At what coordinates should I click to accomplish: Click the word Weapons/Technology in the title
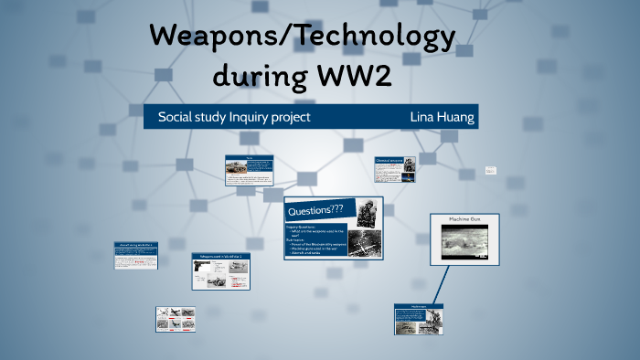coord(302,37)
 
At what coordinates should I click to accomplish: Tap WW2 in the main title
coord(351,77)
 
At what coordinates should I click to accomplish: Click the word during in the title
coord(251,77)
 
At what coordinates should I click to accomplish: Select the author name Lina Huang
coord(443,117)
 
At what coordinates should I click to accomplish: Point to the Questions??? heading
coord(320,210)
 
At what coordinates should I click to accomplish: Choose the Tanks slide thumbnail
coord(249,170)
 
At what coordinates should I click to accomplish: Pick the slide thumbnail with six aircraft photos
coord(175,317)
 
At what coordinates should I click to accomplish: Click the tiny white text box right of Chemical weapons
coord(490,171)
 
